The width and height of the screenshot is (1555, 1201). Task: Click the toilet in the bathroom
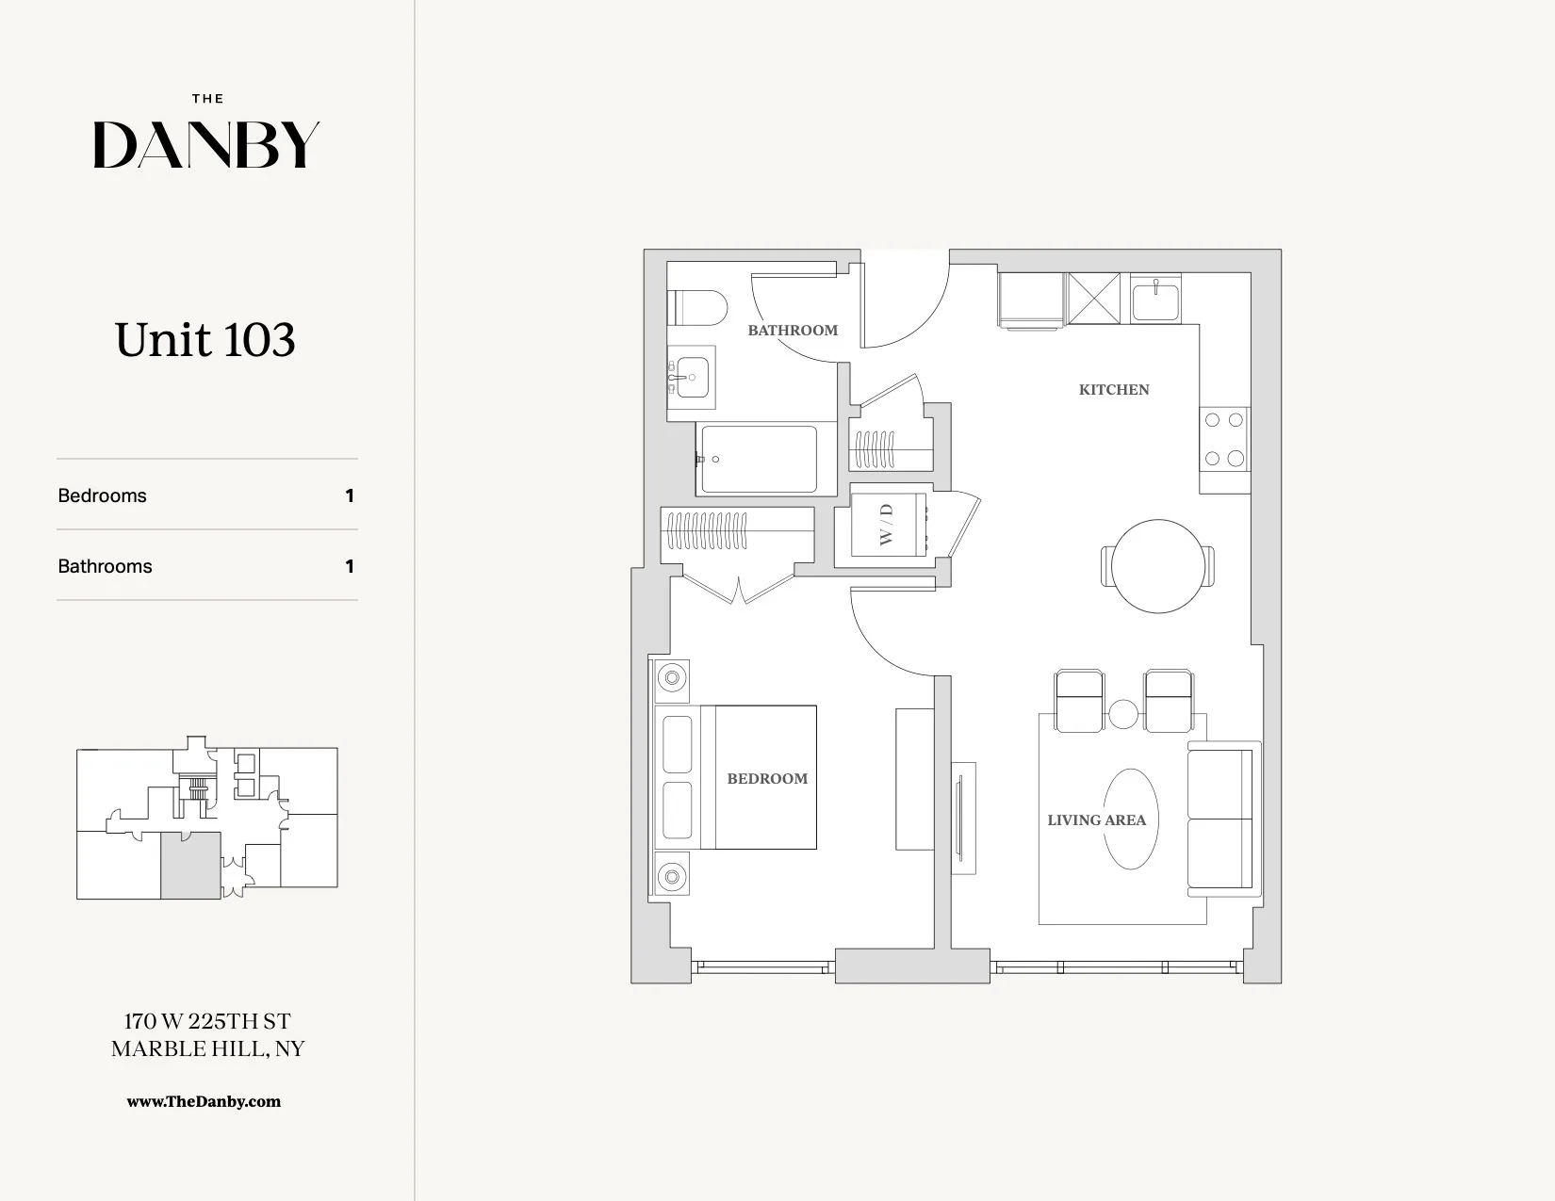[x=697, y=308]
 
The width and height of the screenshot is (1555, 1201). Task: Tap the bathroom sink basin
[x=693, y=378]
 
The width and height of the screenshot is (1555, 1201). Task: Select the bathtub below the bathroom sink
[x=759, y=460]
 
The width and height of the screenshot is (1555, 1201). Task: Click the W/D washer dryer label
[x=886, y=524]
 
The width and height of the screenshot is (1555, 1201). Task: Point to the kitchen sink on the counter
[x=1154, y=301]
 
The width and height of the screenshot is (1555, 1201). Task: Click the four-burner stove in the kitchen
[x=1224, y=439]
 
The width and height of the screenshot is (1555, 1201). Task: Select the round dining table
[x=1158, y=566]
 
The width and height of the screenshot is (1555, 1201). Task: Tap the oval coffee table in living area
[x=1130, y=819]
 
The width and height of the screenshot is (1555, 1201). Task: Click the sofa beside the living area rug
[x=1222, y=819]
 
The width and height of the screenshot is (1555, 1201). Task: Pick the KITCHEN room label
[x=1114, y=390]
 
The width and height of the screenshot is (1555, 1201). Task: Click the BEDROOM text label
[x=767, y=779]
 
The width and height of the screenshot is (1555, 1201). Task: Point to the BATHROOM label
[x=793, y=331]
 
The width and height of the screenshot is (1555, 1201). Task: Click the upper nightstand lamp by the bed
[x=672, y=677]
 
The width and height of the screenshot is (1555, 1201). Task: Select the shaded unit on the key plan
[x=190, y=865]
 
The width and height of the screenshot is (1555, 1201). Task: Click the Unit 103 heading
[x=205, y=340]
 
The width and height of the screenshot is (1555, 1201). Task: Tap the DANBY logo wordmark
[x=206, y=145]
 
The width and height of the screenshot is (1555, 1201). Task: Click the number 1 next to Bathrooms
[x=350, y=566]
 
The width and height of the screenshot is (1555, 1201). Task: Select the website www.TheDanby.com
[x=204, y=1101]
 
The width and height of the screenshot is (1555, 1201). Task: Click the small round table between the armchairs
[x=1123, y=714]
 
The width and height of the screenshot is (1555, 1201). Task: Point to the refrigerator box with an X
[x=1093, y=298]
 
